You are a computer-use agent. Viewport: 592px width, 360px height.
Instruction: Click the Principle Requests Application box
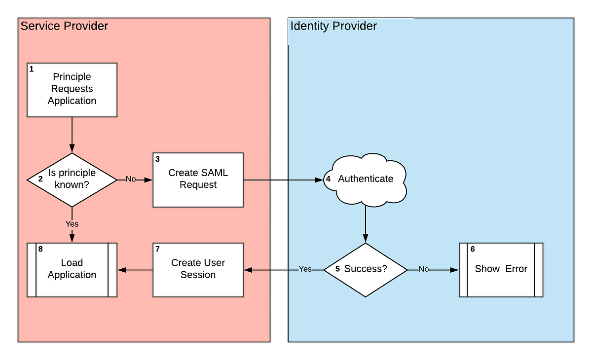(x=72, y=90)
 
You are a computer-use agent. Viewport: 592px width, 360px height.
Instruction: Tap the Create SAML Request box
(x=198, y=180)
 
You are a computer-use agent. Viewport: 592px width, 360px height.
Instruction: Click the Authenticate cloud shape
(x=366, y=179)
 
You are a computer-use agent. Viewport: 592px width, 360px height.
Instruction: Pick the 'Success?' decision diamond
(x=366, y=269)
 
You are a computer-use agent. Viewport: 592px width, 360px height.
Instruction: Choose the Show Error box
(x=501, y=269)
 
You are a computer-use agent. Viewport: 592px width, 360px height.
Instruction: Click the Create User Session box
(x=198, y=269)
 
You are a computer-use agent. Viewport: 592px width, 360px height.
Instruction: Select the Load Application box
(x=72, y=269)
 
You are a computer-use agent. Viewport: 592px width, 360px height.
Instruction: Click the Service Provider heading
(x=64, y=26)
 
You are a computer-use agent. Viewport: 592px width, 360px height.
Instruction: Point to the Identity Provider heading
(x=333, y=26)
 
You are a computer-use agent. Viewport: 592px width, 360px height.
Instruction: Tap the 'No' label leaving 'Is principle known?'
(x=131, y=180)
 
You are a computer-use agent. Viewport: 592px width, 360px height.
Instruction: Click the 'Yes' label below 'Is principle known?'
(x=72, y=224)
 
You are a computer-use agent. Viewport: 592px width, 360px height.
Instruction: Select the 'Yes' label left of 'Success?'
(x=305, y=269)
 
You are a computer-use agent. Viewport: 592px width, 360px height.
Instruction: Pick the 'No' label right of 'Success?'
(x=424, y=269)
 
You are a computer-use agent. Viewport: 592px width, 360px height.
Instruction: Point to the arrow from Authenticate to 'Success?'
(x=366, y=224)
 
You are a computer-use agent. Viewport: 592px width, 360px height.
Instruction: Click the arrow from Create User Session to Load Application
(x=135, y=270)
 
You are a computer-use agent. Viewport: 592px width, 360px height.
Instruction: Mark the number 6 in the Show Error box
(x=473, y=250)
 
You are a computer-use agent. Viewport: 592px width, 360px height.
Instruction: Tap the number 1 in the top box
(x=32, y=69)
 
